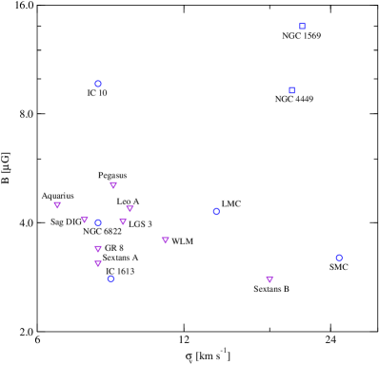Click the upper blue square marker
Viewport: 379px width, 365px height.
pos(303,27)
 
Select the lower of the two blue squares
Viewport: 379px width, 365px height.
pos(292,90)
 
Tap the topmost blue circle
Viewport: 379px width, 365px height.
pos(98,84)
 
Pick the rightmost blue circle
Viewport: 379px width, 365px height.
pos(339,258)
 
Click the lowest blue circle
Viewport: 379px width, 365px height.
pos(110,279)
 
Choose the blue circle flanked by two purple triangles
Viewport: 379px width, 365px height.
pos(98,222)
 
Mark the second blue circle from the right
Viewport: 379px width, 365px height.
pos(216,211)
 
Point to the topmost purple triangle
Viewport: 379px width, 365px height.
pos(113,185)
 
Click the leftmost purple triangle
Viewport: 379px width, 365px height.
pos(57,204)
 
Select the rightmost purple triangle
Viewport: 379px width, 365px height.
pos(269,279)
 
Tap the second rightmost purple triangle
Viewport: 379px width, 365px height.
pos(165,240)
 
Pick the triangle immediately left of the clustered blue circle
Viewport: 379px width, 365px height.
pos(85,220)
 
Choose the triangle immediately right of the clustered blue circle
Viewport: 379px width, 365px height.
pos(123,221)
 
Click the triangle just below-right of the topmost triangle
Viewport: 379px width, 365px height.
pos(130,208)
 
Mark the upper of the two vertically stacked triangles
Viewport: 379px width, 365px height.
pos(98,249)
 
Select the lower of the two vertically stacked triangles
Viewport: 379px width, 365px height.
pos(98,263)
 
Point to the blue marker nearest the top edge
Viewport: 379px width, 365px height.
pos(303,27)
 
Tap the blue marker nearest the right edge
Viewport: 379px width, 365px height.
pos(339,258)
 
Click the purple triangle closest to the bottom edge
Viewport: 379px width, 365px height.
pos(269,279)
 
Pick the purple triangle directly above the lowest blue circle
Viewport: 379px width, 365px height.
pos(98,263)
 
